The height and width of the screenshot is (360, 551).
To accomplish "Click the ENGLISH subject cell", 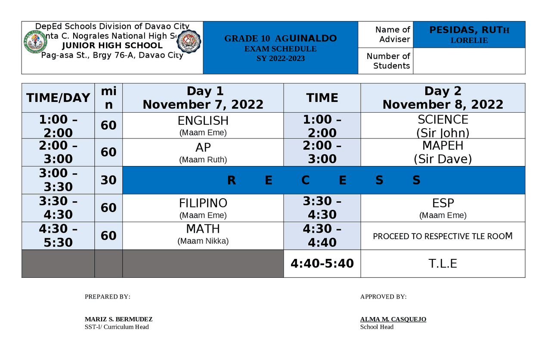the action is tap(203, 121).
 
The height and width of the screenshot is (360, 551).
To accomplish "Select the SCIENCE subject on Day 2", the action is tap(443, 120).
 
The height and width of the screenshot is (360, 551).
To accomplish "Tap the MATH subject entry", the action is tap(203, 229).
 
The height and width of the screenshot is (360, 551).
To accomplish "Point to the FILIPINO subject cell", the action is tap(203, 203).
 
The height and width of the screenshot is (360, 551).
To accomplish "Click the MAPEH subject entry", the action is tap(443, 146).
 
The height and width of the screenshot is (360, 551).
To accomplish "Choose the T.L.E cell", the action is tap(443, 264).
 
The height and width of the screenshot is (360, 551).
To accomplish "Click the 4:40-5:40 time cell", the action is tap(322, 263).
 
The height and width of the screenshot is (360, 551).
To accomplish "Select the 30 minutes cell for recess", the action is tap(108, 180).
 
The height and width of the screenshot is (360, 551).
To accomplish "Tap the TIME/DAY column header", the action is tap(58, 98).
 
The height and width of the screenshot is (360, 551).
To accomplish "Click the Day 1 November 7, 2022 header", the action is tap(203, 98).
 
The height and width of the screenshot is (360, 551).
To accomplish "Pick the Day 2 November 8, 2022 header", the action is tap(443, 98).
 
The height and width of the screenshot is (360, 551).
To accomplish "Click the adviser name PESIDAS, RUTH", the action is tap(469, 31).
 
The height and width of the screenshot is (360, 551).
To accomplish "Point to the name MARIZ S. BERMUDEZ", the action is tap(118, 319).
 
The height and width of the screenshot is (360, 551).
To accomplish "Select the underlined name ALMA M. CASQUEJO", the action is tap(393, 319).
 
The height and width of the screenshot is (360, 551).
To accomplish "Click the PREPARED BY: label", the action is tap(107, 297).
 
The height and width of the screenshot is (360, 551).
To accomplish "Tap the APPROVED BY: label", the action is tap(383, 297).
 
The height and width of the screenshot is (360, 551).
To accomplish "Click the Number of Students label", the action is tap(388, 61).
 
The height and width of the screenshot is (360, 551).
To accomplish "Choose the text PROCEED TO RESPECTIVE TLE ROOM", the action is tap(443, 236).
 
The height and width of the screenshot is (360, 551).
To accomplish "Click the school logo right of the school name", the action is tap(189, 42).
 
